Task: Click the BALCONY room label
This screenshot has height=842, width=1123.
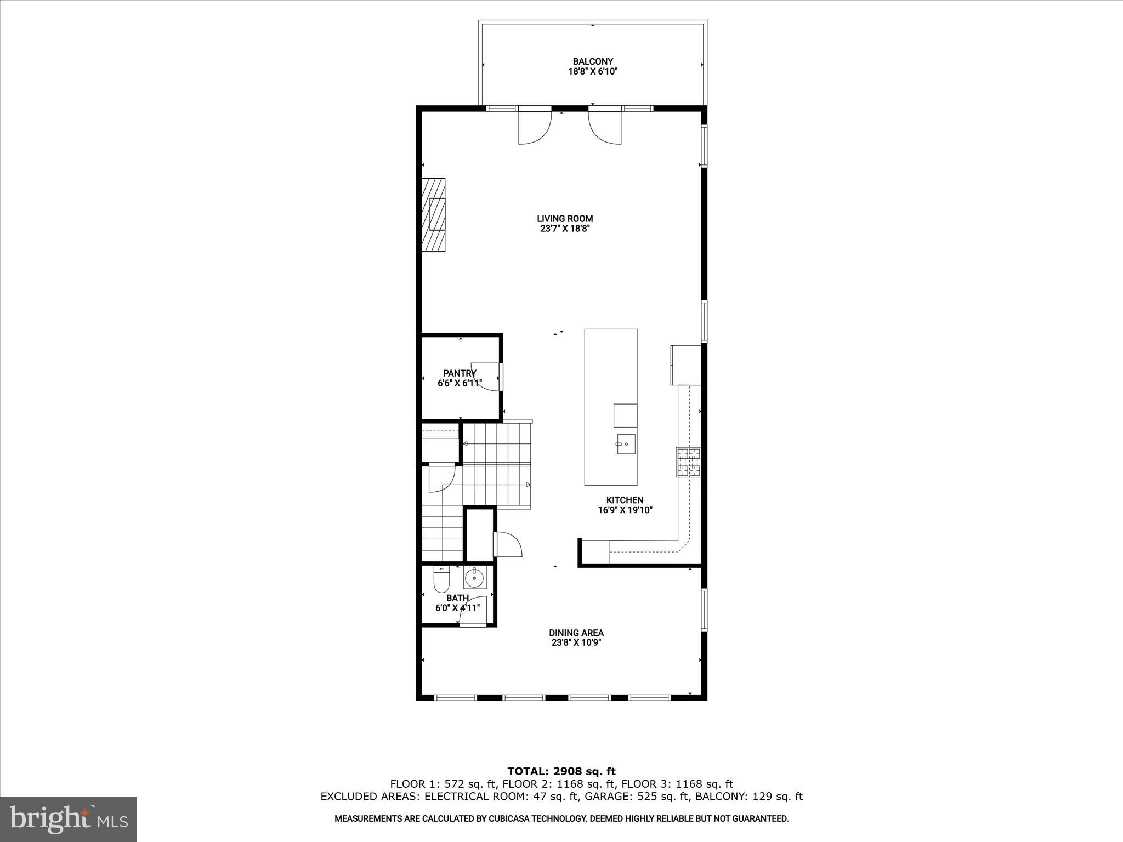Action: pos(592,61)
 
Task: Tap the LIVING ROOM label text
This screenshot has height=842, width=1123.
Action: pos(565,219)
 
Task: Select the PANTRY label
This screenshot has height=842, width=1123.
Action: pos(460,373)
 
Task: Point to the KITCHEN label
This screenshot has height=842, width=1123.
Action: pos(625,500)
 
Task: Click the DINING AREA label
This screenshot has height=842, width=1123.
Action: pos(576,633)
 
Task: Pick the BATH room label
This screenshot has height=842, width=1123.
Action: pos(457,598)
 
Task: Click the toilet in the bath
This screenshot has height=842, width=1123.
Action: pos(441,580)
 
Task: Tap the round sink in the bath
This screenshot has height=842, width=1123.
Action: pos(474,577)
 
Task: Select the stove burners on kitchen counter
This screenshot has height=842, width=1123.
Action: pos(689,462)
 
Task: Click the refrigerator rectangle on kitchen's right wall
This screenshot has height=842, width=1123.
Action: pos(685,365)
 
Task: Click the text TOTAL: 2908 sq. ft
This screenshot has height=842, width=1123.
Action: pos(561,771)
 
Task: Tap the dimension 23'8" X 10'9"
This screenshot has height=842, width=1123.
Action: pos(576,643)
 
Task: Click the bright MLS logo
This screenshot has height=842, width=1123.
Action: pos(69,819)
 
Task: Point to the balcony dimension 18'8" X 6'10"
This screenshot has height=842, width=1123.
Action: pos(592,72)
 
